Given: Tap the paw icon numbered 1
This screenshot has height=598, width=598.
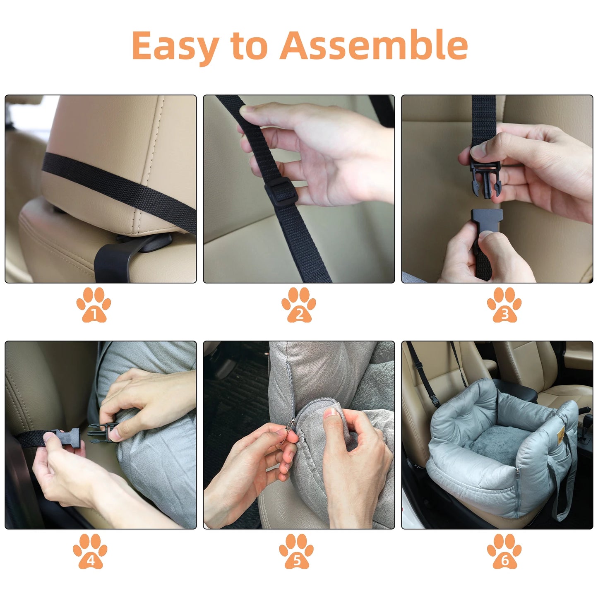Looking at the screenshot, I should coord(94,305).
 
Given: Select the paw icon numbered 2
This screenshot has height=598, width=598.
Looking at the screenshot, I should coord(299,305).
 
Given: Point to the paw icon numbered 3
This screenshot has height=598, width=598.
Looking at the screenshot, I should coord(504,305).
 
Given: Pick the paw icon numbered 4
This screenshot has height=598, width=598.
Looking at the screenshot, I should coord(90,551).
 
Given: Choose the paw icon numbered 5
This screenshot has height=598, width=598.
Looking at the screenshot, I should coord(296,551).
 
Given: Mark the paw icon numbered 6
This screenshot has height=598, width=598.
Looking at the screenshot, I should coord(504,551).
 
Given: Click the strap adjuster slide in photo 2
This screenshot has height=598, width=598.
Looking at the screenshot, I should coord(278,191).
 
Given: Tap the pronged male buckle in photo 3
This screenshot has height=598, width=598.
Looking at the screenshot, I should coord(485,180).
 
